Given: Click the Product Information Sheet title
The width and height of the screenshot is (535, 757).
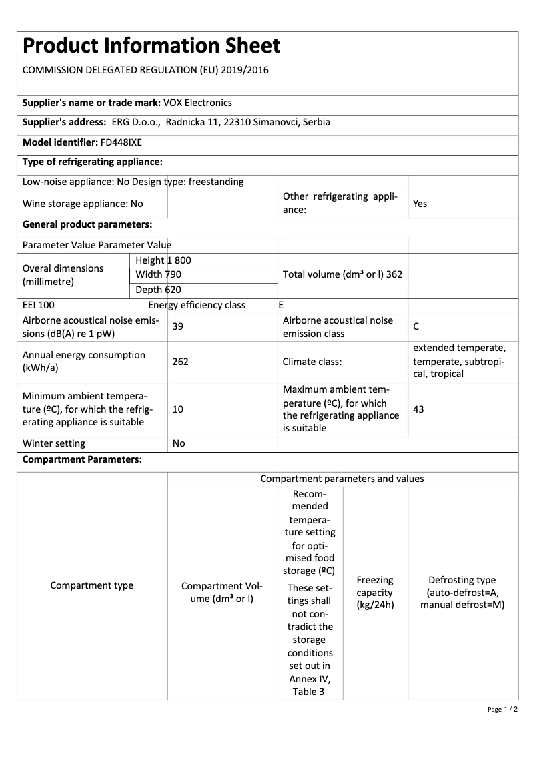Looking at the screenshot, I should (x=151, y=46).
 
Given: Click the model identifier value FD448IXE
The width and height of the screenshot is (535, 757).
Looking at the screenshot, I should (x=121, y=142).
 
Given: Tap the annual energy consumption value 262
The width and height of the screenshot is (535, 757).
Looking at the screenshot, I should (x=180, y=362).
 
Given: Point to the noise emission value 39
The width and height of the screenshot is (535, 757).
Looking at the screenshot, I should (x=178, y=326).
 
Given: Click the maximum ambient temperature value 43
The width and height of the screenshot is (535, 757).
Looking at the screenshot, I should (x=418, y=409).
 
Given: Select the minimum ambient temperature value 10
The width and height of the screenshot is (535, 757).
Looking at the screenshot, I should (x=178, y=409).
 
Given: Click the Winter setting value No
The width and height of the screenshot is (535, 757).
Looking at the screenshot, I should (x=179, y=443).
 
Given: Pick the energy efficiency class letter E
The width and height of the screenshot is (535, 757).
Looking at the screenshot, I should (x=281, y=305).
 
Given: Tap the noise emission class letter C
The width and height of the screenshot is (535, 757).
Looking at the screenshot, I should (x=416, y=326).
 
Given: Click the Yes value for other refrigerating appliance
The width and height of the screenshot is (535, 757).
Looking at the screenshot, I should (x=420, y=204).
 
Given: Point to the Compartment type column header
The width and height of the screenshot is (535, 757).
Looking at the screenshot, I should (x=92, y=585).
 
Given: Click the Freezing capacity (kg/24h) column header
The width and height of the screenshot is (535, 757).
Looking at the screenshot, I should (x=375, y=592).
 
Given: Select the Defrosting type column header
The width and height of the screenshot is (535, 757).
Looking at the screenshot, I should (x=462, y=592).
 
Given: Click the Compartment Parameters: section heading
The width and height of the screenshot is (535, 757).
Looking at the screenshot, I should (x=82, y=460).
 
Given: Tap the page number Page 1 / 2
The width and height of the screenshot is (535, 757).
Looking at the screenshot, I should (x=502, y=709).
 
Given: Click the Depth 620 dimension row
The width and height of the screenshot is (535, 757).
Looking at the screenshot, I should (x=158, y=290).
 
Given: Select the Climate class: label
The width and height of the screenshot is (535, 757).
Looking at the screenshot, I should (x=312, y=362).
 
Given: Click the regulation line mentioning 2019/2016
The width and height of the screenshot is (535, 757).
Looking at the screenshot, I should (x=145, y=70).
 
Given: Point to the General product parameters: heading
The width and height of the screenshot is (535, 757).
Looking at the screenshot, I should (x=87, y=224).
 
